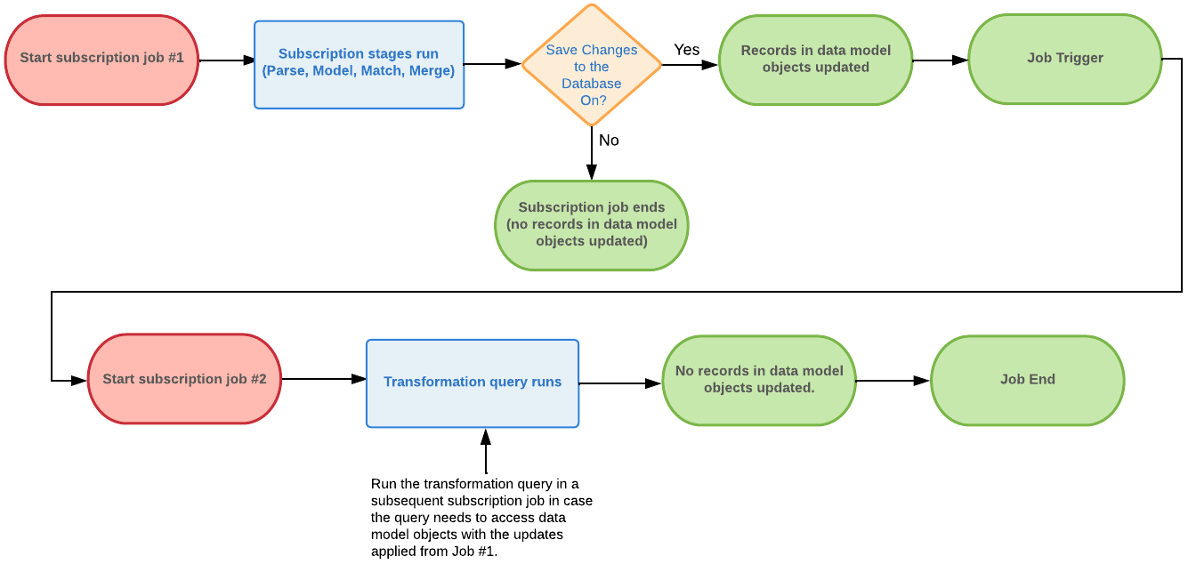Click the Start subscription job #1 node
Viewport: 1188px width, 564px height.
click(101, 60)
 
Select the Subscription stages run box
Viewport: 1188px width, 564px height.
click(359, 64)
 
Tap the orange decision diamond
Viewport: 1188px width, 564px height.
click(591, 65)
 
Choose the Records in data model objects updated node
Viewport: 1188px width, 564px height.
click(815, 60)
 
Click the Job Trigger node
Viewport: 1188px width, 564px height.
click(1064, 59)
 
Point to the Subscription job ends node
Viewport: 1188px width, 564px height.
click(591, 225)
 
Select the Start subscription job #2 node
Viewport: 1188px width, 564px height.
click(184, 379)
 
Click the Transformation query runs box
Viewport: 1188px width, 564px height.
click(472, 383)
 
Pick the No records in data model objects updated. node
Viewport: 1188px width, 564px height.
click(758, 380)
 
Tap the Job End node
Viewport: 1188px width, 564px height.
click(1027, 380)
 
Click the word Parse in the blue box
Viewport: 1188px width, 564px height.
click(286, 71)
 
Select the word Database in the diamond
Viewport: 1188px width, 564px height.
click(591, 84)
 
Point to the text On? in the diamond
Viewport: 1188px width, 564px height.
click(593, 101)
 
